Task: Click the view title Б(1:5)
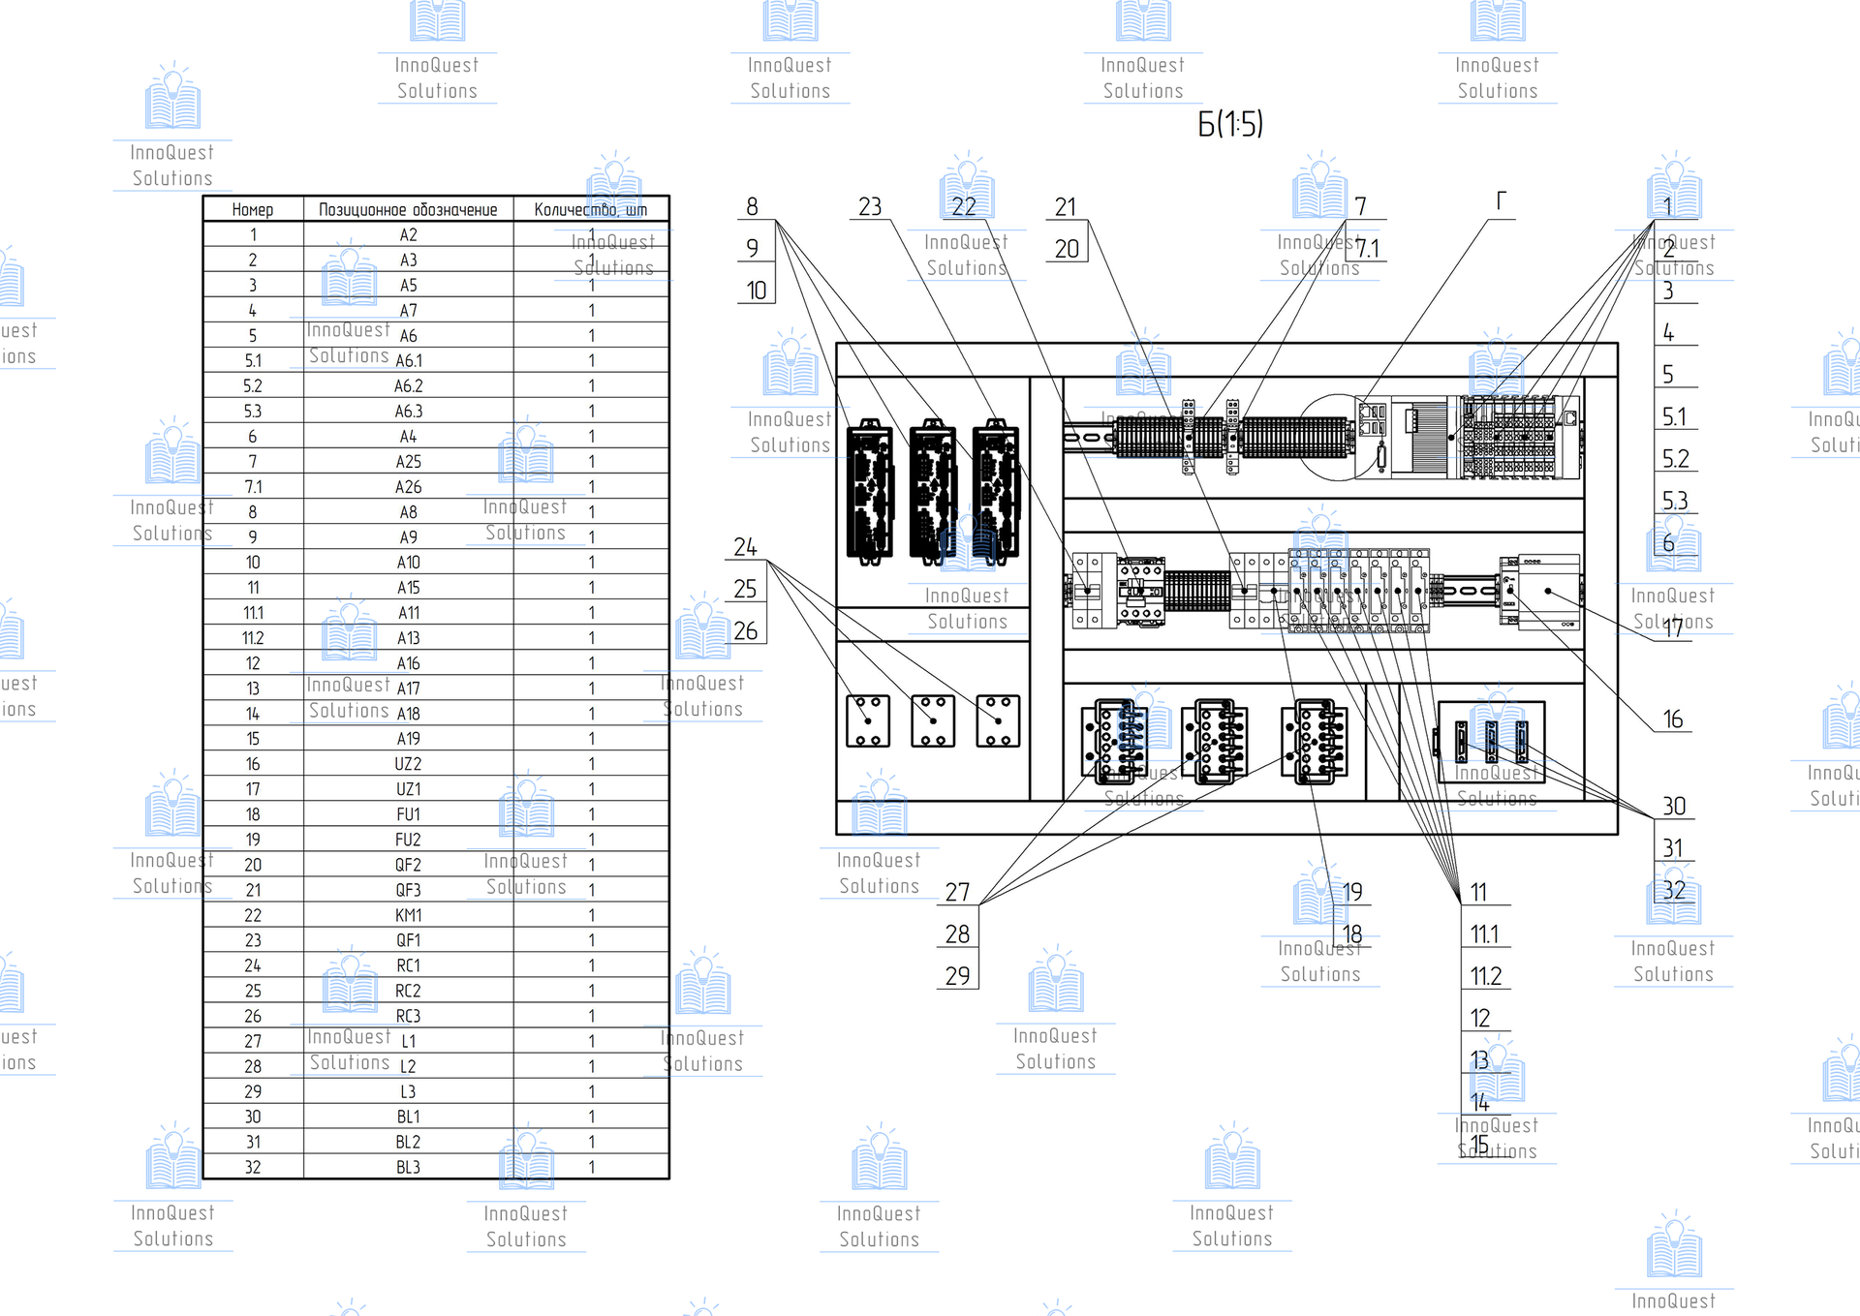click(1230, 124)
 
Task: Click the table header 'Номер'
click(253, 210)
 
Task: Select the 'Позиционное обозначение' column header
click(408, 210)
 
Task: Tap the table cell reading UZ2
click(408, 764)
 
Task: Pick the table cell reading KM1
click(408, 915)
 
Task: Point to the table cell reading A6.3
click(408, 412)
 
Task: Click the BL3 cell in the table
click(408, 1167)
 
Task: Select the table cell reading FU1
click(408, 814)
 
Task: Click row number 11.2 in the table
click(253, 638)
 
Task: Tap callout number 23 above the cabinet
click(870, 207)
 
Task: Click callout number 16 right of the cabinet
click(1673, 719)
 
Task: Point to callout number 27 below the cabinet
click(957, 893)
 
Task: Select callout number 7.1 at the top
click(1367, 249)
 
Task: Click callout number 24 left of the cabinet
click(745, 547)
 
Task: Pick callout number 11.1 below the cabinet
click(1484, 934)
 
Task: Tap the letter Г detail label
click(1502, 201)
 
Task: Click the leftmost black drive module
click(870, 492)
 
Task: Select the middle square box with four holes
click(933, 720)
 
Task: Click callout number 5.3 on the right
click(1675, 501)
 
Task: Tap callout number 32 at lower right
click(1674, 891)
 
